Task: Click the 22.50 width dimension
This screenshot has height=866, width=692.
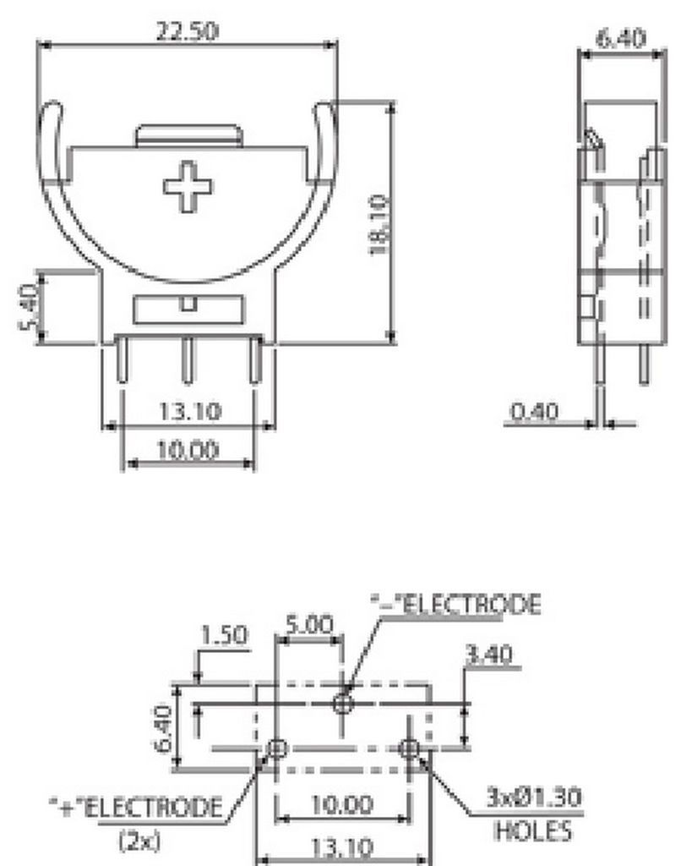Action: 187,31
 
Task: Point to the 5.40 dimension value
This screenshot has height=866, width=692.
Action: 28,307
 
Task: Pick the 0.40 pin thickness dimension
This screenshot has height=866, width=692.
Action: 535,412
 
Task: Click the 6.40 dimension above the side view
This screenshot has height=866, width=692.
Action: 621,39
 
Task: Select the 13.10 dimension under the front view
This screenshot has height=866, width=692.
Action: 189,412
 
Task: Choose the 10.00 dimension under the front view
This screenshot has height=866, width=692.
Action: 188,449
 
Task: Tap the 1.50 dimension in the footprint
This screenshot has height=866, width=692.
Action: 225,635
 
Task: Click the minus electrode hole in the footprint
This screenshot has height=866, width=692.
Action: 342,702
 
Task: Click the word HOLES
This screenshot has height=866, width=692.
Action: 532,830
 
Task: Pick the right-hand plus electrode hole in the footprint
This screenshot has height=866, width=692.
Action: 410,748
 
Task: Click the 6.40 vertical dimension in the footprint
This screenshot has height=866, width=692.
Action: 164,730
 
